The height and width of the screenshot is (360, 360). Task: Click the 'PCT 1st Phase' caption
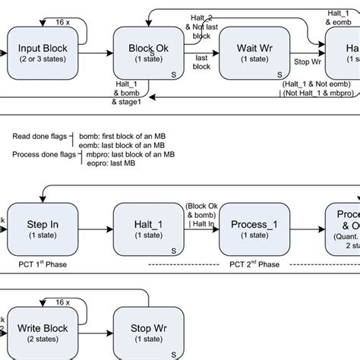[x=39, y=264]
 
